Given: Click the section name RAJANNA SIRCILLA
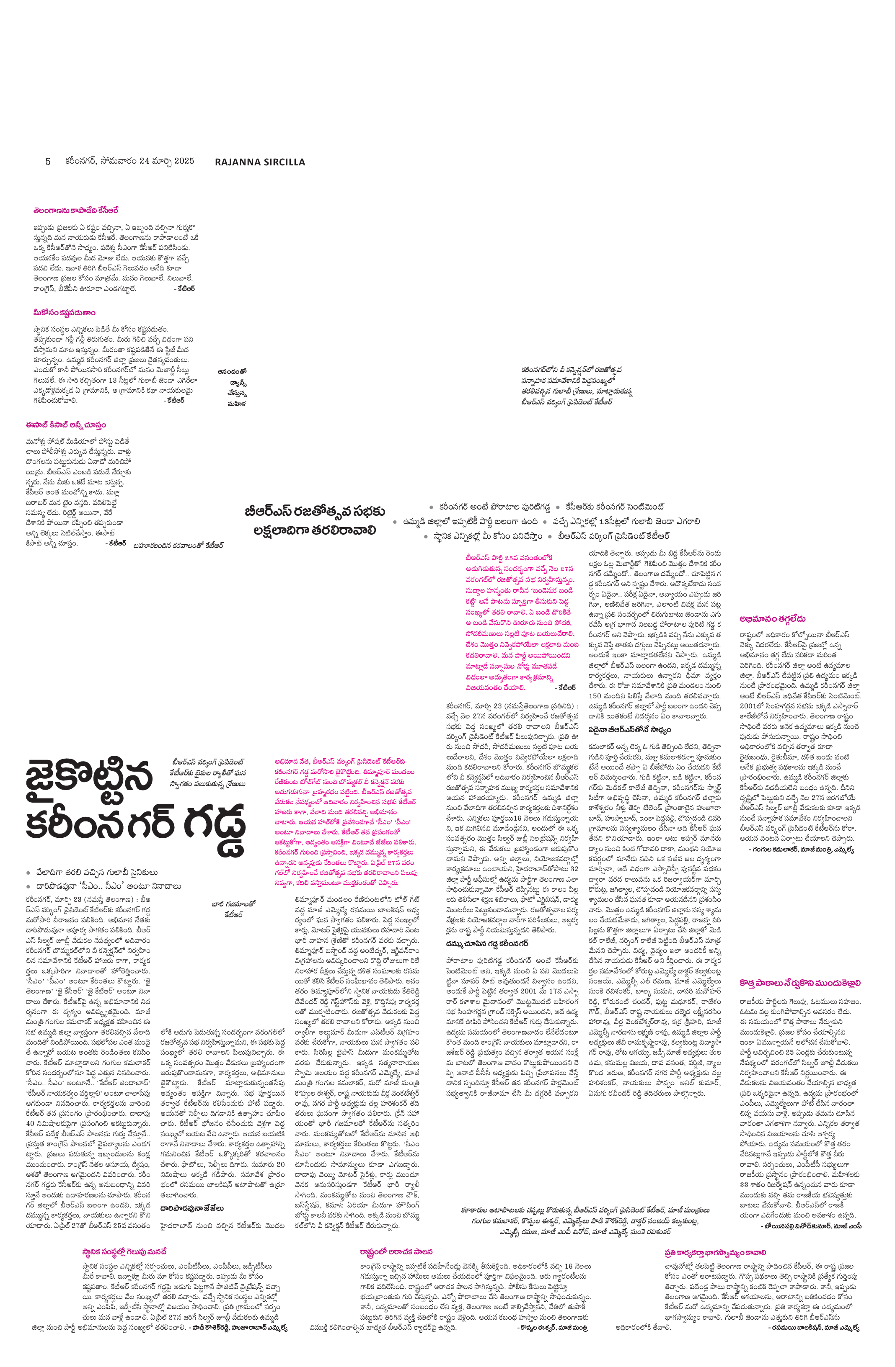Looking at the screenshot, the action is click(x=260, y=162).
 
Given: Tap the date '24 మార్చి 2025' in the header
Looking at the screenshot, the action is click(x=167, y=161).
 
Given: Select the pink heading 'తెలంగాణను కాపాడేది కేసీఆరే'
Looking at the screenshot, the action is click(x=75, y=211).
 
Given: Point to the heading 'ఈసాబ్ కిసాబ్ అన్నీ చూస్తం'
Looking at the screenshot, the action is click(x=65, y=425).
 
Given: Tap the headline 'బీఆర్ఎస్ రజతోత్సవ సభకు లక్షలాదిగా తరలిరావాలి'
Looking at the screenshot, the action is click(x=314, y=520).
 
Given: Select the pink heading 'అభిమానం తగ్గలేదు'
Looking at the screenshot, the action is click(x=773, y=618).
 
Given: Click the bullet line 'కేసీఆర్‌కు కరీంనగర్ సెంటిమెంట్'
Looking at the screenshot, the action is click(x=614, y=507).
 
